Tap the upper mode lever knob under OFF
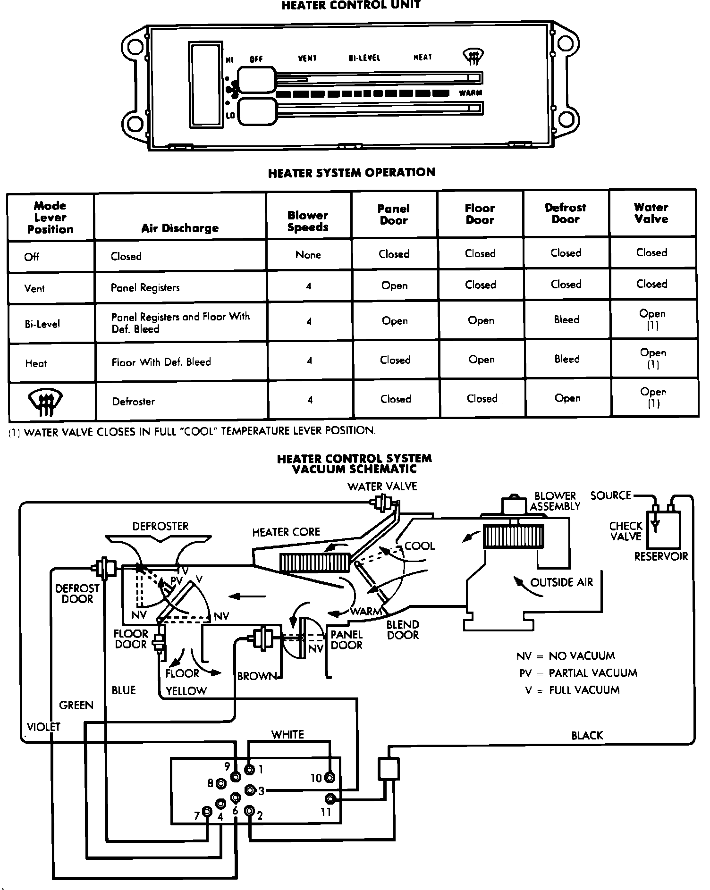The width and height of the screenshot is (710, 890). click(256, 79)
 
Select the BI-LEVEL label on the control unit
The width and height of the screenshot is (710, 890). click(364, 58)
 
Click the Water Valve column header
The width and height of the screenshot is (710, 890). click(651, 213)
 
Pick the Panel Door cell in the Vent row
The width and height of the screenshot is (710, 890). click(394, 286)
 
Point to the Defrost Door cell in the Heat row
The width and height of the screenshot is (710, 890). click(566, 359)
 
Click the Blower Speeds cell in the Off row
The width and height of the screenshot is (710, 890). click(308, 255)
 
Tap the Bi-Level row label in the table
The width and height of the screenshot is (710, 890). click(42, 324)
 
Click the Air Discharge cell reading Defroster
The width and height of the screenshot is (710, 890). click(134, 402)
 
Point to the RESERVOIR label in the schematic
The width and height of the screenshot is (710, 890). click(661, 556)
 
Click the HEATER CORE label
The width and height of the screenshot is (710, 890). click(286, 532)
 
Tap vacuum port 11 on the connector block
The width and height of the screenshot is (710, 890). click(330, 799)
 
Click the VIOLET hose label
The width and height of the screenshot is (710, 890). click(43, 727)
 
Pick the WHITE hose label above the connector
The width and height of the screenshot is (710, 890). click(287, 734)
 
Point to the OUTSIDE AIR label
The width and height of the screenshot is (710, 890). click(561, 582)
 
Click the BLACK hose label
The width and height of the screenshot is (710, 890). click(587, 735)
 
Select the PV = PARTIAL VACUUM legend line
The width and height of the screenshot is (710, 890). click(578, 673)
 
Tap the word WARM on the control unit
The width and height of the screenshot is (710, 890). click(470, 93)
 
